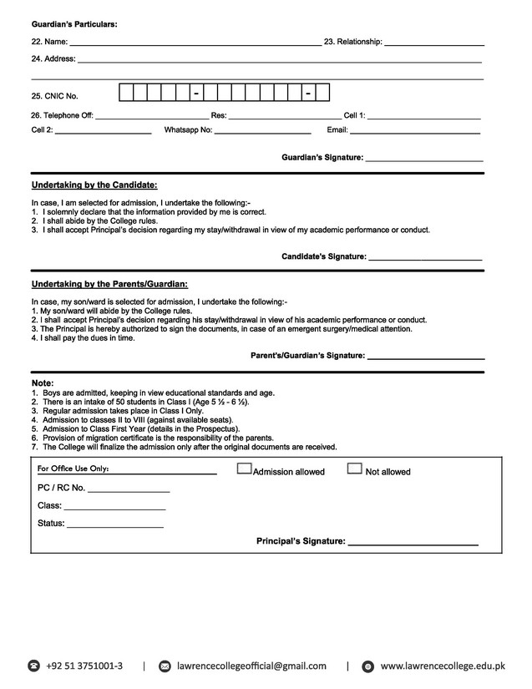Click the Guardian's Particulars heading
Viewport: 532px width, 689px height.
coord(74,23)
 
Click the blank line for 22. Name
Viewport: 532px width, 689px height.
coord(195,44)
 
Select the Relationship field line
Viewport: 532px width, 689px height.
coord(434,44)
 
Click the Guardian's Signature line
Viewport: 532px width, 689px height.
coord(424,160)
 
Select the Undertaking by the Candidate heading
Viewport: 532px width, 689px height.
coord(94,185)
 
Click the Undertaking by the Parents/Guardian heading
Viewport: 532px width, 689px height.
coord(109,284)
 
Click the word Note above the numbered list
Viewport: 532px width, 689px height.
coord(43,383)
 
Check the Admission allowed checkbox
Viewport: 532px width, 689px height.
coord(244,469)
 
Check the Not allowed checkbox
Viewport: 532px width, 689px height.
coord(354,469)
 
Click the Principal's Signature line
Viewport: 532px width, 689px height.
coord(413,545)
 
